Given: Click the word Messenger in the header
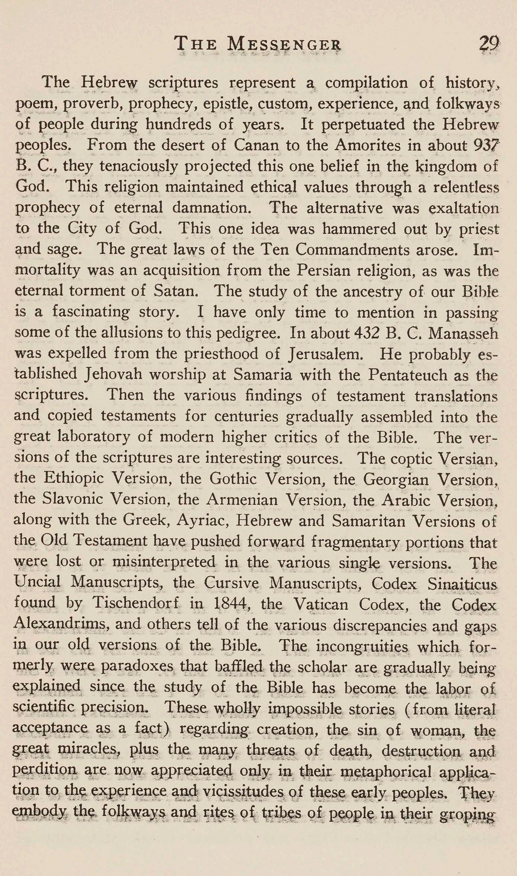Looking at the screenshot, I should coord(284,45).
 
